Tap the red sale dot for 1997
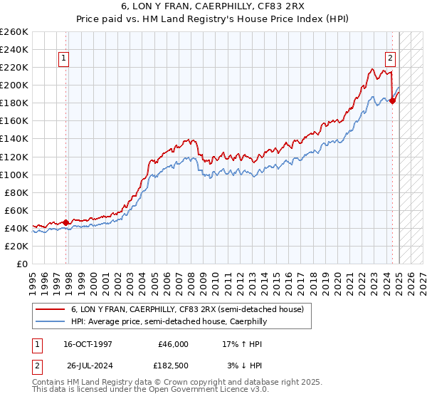(x=66, y=222)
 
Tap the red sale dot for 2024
(x=392, y=100)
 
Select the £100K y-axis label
(x=14, y=175)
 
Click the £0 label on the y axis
(x=22, y=264)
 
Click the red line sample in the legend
(x=51, y=309)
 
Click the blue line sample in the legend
(x=51, y=321)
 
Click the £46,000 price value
(x=172, y=344)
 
